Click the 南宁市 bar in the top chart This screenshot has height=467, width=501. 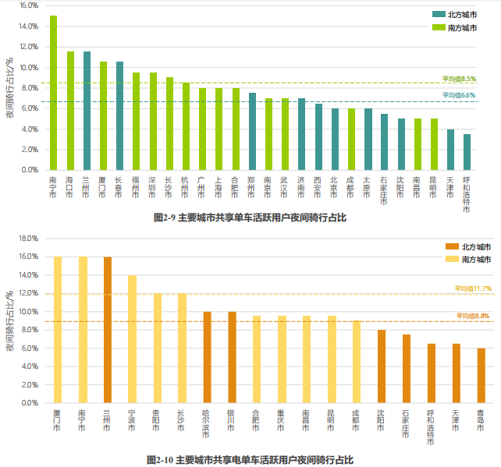tap(53, 92)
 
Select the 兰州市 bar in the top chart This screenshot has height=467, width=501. tap(87, 110)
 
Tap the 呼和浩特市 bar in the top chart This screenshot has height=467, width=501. tap(467, 151)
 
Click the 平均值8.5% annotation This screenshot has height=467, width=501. tap(459, 79)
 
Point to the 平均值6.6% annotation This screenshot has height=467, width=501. tap(459, 95)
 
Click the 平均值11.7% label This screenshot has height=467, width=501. tap(473, 288)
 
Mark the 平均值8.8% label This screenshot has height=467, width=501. tap(473, 315)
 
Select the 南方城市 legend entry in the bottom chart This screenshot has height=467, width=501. tap(468, 259)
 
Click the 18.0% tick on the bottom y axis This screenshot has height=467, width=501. tap(28, 238)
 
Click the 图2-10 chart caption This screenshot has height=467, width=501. tap(250, 460)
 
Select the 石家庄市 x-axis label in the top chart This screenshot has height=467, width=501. tap(384, 191)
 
